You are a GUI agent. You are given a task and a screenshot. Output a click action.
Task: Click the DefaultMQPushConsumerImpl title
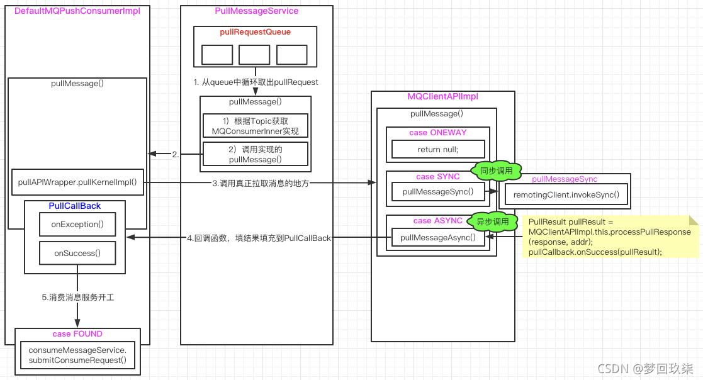[77, 11]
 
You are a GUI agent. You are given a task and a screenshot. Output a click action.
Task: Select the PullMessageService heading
[256, 11]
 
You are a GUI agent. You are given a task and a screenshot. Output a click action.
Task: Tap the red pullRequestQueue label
[256, 31]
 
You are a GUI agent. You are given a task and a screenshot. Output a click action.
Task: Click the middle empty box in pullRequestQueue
[254, 55]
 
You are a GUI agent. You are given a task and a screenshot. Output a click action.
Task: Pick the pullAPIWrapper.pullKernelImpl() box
[77, 182]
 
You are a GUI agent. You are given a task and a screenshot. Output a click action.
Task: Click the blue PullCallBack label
[75, 206]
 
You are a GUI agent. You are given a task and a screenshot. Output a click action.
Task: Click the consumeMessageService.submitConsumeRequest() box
[77, 355]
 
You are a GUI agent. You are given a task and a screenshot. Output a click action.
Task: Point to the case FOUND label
[77, 334]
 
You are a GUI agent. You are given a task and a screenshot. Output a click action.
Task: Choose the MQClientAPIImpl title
[442, 97]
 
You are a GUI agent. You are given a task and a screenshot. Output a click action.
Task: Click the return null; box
[438, 150]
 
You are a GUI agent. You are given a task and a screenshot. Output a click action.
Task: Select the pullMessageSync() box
[438, 191]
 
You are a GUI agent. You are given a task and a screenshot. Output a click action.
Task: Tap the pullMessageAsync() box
[438, 237]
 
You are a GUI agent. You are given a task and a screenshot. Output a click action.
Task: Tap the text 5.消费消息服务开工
[78, 297]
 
